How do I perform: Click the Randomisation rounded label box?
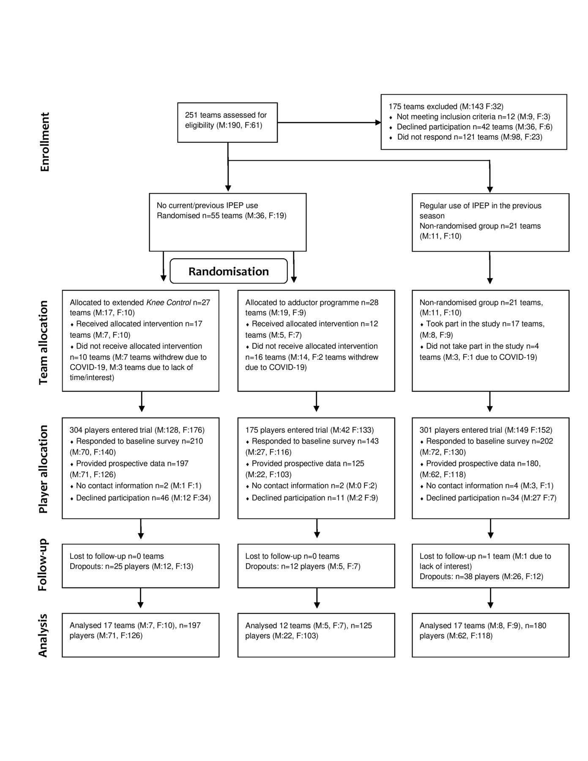click(229, 271)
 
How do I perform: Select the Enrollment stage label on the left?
click(45, 142)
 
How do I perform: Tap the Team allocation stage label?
click(44, 342)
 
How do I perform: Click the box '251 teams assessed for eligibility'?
click(227, 123)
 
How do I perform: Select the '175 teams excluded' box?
click(474, 122)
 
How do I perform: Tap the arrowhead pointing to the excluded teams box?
click(378, 123)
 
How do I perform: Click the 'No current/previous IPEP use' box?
click(227, 222)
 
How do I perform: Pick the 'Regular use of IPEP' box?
click(490, 222)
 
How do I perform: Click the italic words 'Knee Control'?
click(168, 303)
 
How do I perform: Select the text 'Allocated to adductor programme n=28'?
click(312, 303)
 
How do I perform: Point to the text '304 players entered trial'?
click(111, 430)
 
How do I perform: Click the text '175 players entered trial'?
click(287, 430)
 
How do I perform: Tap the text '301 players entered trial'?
click(461, 430)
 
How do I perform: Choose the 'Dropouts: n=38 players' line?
click(481, 577)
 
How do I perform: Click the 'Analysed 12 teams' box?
click(316, 635)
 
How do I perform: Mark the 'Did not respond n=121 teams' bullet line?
click(466, 137)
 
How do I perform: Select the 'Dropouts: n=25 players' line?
click(131, 567)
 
